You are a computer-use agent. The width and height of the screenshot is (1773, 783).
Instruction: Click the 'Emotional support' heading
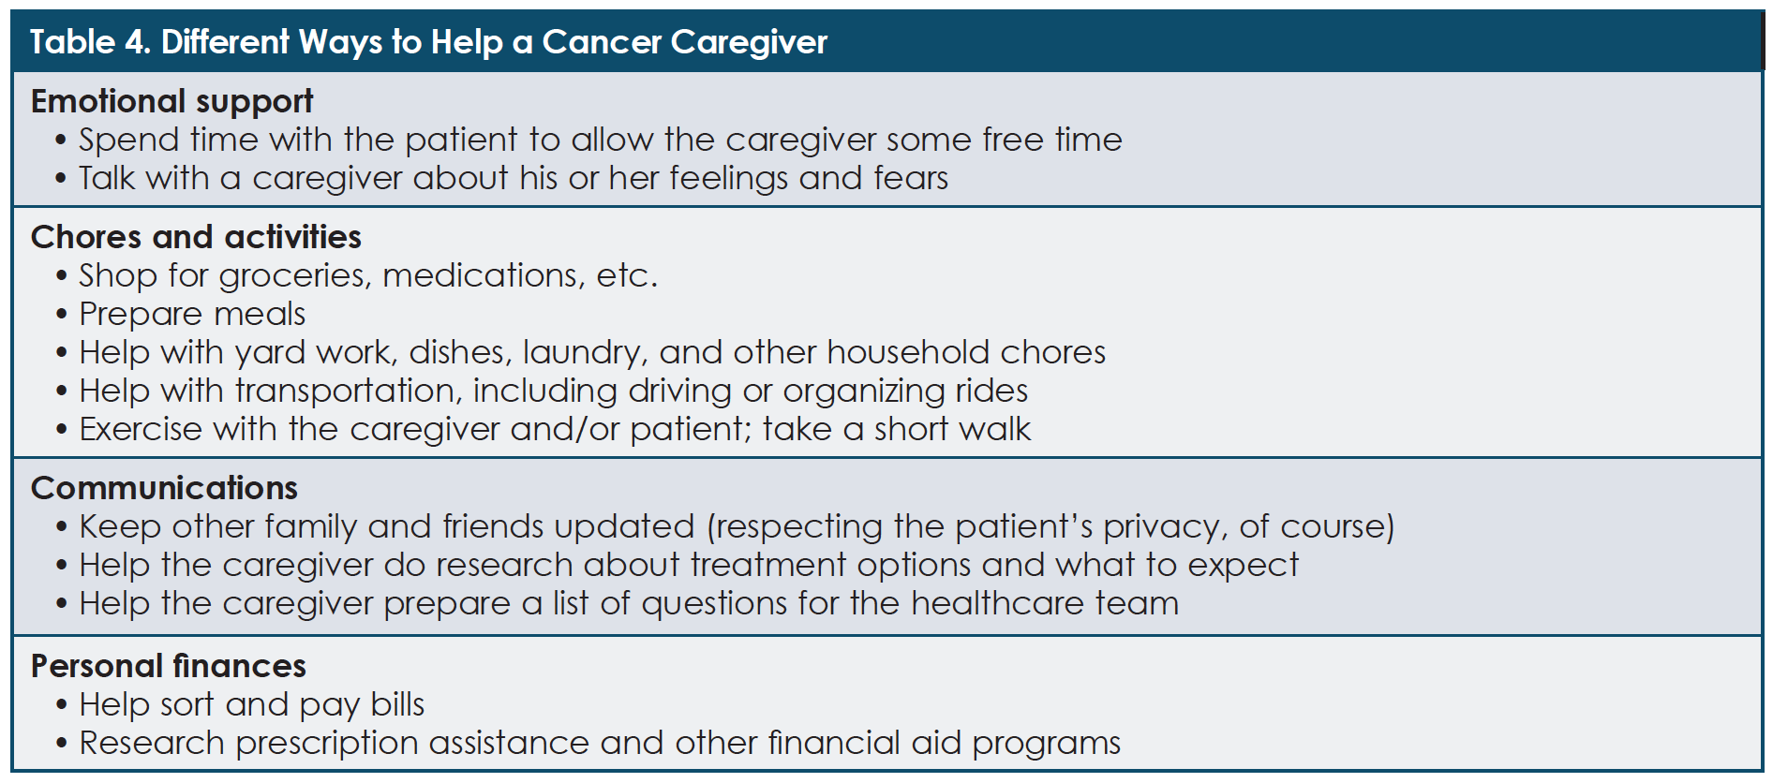point(171,102)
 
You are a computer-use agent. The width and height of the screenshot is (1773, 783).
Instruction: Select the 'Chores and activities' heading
point(196,237)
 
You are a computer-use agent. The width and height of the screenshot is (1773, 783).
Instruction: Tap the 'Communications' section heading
point(164,488)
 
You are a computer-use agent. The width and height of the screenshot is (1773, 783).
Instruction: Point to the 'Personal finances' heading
point(169,666)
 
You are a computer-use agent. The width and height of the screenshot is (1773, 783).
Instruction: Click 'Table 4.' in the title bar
point(90,42)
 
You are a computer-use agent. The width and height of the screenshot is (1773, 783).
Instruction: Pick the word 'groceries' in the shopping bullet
point(295,276)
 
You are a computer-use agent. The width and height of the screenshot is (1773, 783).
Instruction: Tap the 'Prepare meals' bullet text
point(192,315)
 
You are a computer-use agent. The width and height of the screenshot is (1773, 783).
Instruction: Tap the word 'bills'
point(397,704)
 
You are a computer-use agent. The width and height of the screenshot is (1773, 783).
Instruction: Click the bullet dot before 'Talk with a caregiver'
point(61,179)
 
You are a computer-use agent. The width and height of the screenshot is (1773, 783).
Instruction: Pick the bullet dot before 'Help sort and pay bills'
point(61,705)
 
